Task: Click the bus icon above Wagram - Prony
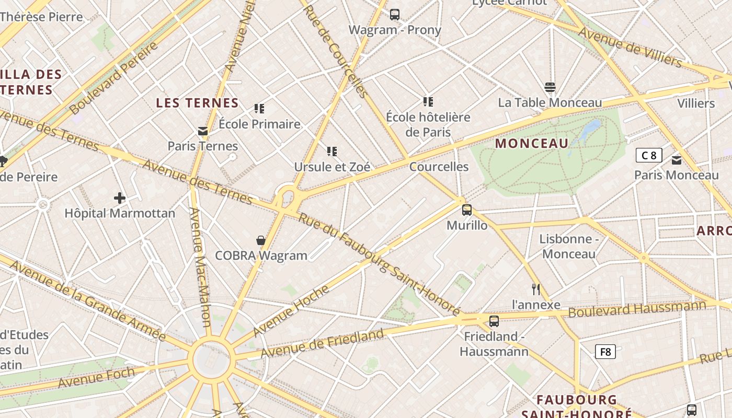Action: coord(395,15)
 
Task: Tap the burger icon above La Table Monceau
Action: coord(550,87)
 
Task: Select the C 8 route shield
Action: coord(649,155)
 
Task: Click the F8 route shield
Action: coord(605,352)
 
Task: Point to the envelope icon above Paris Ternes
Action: coord(203,131)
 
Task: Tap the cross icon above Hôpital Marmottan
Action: coord(120,198)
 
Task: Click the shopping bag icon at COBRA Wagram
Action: coord(261,240)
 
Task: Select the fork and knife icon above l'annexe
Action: coord(536,289)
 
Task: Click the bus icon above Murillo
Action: coord(467,210)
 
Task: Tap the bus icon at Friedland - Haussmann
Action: coord(494,321)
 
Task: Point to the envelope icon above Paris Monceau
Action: coord(677,160)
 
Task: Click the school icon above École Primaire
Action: coord(259,109)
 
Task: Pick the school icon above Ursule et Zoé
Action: coord(332,152)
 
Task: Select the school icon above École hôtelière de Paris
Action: coord(428,101)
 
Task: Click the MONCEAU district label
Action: coord(532,143)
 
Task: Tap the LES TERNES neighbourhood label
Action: coord(198,103)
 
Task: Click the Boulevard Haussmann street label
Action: coord(637,308)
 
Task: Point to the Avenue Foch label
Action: coord(96,378)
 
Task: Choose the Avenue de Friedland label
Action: coord(322,343)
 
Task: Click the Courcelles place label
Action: coord(439,167)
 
